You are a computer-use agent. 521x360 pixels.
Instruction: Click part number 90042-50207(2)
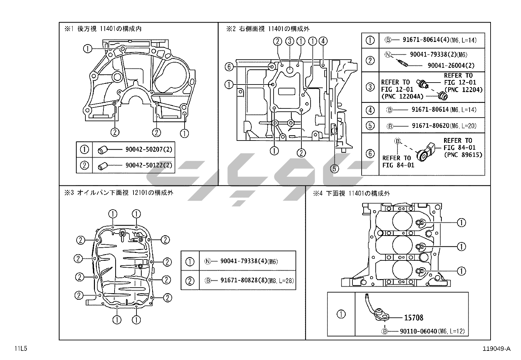click(149, 149)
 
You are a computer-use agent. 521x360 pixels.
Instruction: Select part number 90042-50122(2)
click(149, 165)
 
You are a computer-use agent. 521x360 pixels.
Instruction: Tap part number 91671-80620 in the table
click(431, 126)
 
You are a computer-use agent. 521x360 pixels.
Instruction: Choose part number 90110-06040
click(419, 331)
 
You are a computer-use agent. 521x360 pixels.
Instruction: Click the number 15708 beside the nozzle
click(414, 318)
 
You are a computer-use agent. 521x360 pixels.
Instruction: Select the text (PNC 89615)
click(463, 155)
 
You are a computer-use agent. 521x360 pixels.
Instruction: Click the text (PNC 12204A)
click(403, 96)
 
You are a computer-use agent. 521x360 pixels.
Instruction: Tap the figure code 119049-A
click(496, 349)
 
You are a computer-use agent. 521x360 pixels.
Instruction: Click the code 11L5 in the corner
click(21, 349)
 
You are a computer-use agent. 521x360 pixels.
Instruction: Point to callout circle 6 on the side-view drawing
click(229, 67)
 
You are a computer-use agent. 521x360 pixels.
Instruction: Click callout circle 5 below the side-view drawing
click(334, 169)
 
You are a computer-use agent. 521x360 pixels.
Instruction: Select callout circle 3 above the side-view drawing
click(290, 41)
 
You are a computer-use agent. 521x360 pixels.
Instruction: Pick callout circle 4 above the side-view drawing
click(323, 41)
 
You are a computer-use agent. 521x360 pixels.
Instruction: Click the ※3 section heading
click(119, 193)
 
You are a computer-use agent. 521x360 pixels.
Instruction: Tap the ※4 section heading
click(351, 193)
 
